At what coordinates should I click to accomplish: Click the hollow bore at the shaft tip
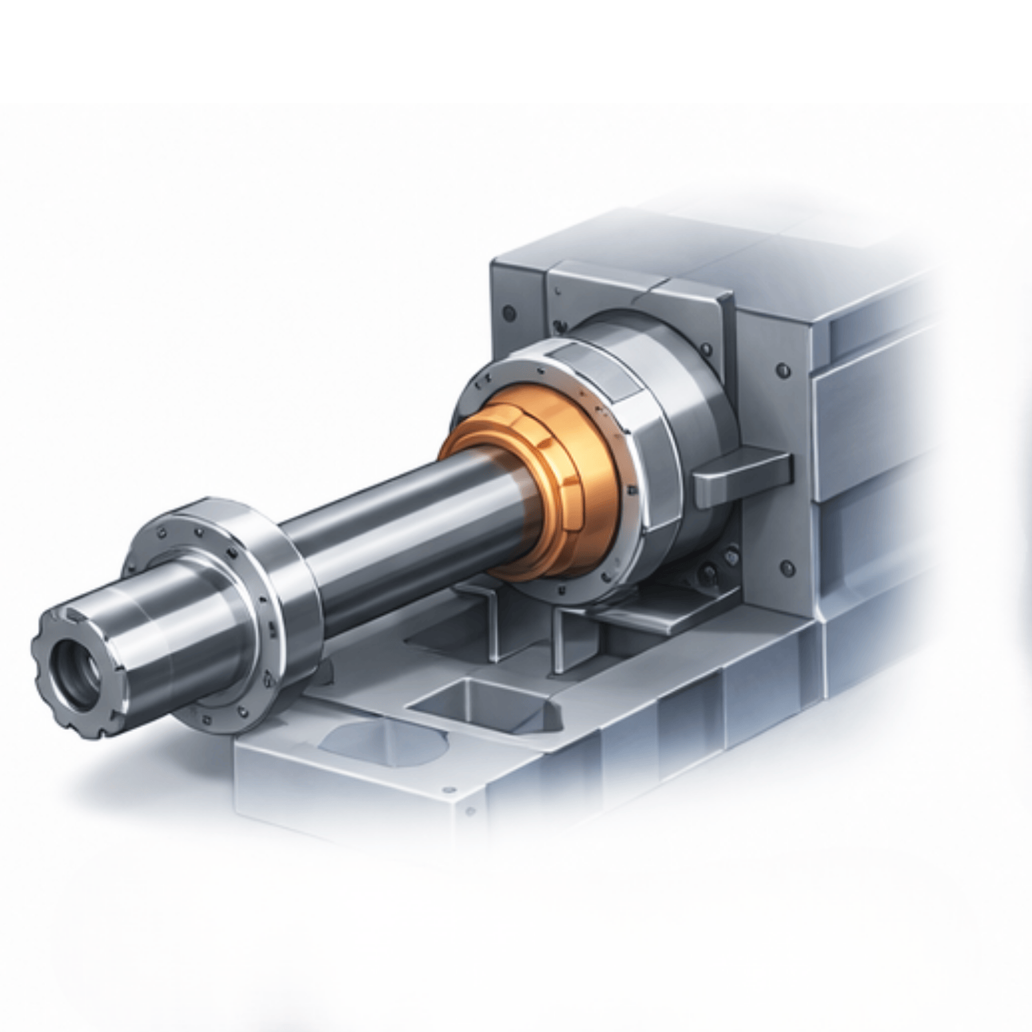coord(74,671)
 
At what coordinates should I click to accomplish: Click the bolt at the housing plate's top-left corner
coord(508,313)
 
